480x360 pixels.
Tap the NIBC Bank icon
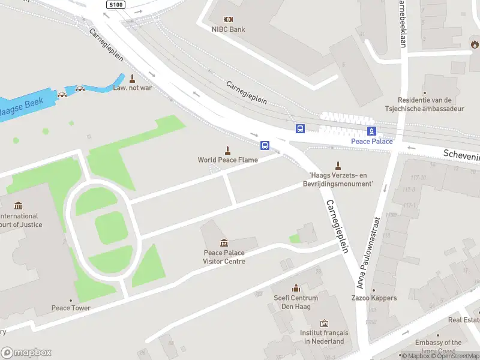pyautogui.click(x=228, y=19)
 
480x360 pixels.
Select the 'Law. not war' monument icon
pyautogui.click(x=132, y=78)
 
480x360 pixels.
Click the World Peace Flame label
pyautogui.click(x=228, y=160)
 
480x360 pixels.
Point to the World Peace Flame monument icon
pyautogui.click(x=228, y=150)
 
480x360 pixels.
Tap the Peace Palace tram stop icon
pyautogui.click(x=372, y=131)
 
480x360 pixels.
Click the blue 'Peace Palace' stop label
pyautogui.click(x=372, y=141)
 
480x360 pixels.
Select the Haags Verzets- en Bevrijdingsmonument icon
pyautogui.click(x=338, y=166)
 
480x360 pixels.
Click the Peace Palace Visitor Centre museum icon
pyautogui.click(x=224, y=242)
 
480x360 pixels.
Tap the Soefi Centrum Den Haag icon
pyautogui.click(x=295, y=289)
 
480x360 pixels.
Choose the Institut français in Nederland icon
pyautogui.click(x=324, y=323)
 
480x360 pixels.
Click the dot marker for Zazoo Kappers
pyautogui.click(x=374, y=290)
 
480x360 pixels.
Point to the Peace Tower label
pyautogui.click(x=71, y=308)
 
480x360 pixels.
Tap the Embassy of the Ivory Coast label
pyautogui.click(x=439, y=346)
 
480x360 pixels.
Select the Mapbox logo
pyautogui.click(x=26, y=353)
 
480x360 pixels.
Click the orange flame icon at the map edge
pyautogui.click(x=475, y=43)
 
